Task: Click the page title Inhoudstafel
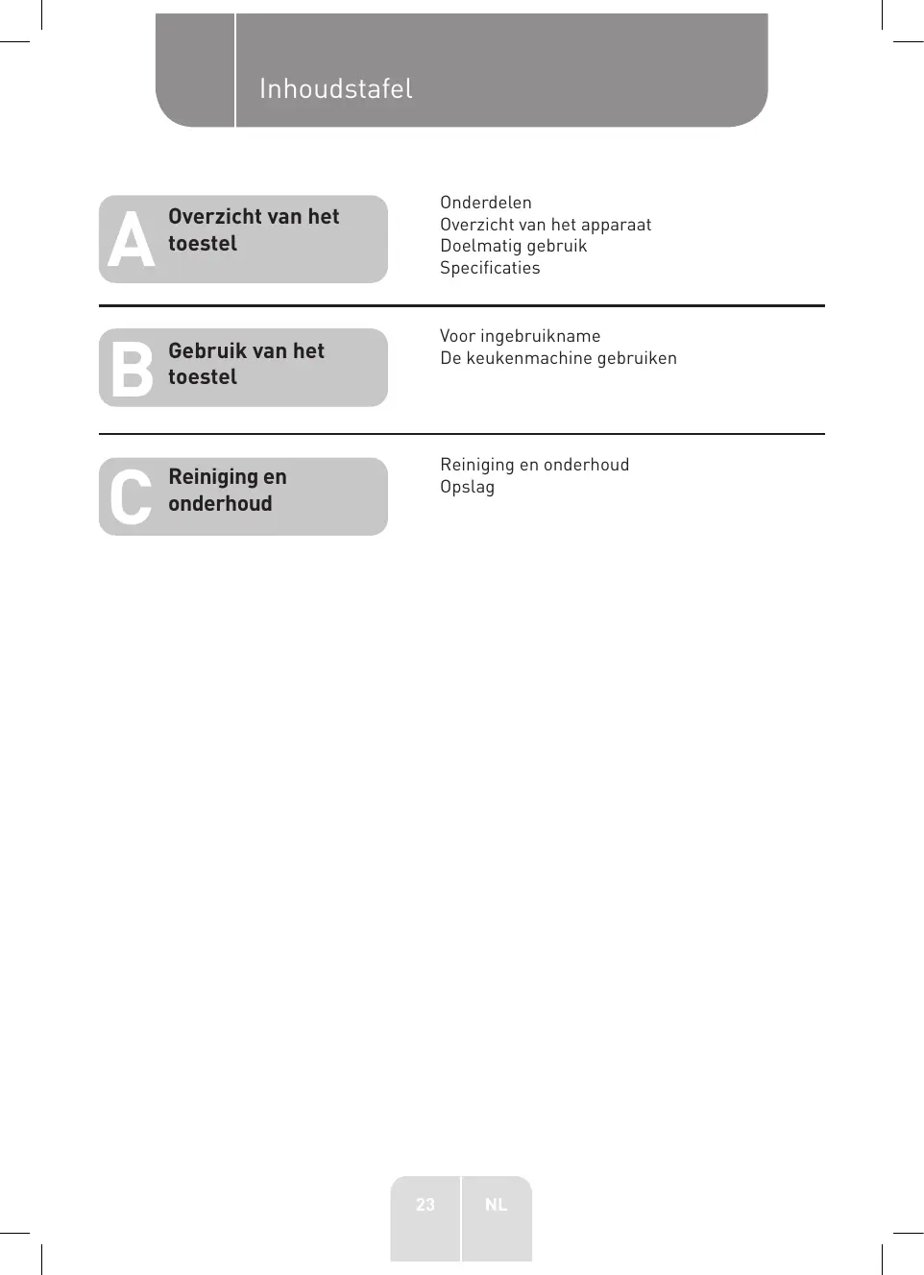[x=335, y=89]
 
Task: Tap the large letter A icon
[x=131, y=240]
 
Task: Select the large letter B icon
[x=132, y=369]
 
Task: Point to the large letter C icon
[x=131, y=496]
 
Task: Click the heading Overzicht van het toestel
[x=254, y=230]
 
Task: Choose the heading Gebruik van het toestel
[x=246, y=364]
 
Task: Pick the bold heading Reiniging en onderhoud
[x=228, y=491]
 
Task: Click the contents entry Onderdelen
[x=485, y=203]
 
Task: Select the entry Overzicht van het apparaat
[x=546, y=225]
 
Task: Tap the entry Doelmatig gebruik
[x=513, y=246]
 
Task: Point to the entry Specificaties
[x=490, y=268]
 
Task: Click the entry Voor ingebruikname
[x=520, y=336]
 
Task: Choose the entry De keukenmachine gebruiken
[x=558, y=358]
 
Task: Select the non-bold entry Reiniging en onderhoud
[x=534, y=465]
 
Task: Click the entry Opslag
[x=467, y=487]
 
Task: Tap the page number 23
[x=426, y=1205]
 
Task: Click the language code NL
[x=496, y=1205]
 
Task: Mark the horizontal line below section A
[x=461, y=306]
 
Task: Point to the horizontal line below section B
[x=461, y=434]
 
